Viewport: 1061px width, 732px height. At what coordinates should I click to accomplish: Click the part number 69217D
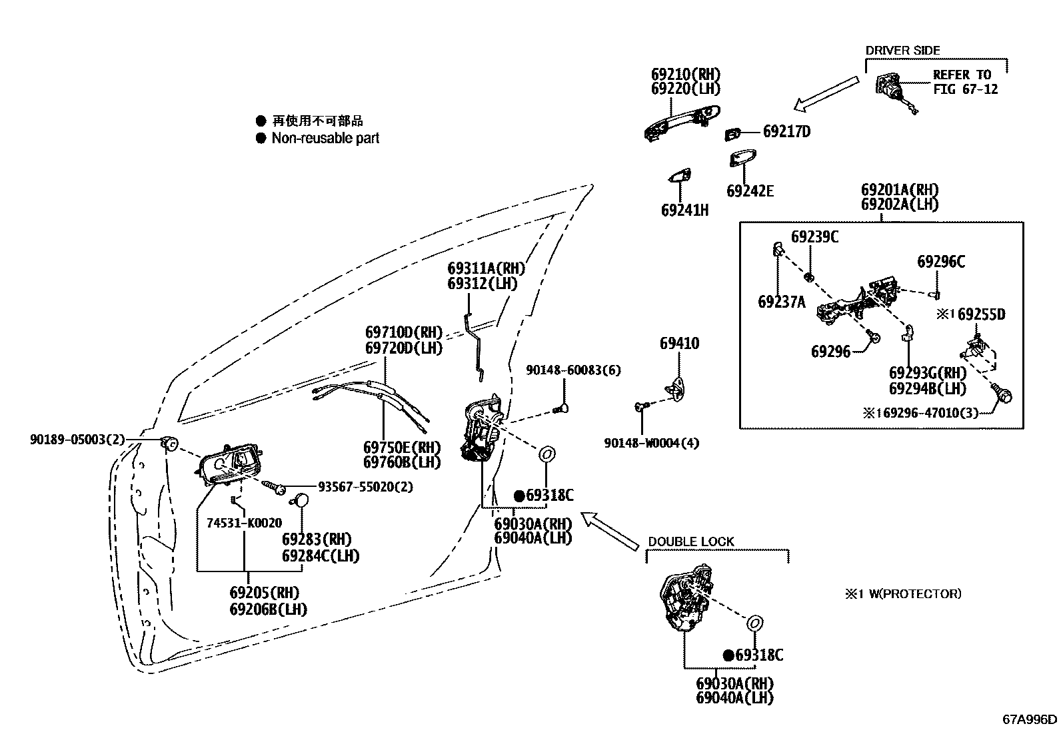pyautogui.click(x=786, y=131)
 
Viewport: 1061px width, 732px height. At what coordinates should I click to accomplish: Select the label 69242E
pyautogui.click(x=750, y=191)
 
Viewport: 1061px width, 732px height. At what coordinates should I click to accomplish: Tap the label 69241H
pyautogui.click(x=684, y=210)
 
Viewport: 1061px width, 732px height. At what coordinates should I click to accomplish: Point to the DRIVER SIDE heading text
pyautogui.click(x=902, y=51)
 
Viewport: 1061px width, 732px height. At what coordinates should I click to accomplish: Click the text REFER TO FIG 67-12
pyautogui.click(x=964, y=82)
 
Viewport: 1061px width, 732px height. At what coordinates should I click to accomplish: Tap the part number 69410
pyautogui.click(x=679, y=344)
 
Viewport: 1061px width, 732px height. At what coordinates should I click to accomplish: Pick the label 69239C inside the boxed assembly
pyautogui.click(x=814, y=236)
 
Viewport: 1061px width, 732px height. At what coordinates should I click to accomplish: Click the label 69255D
pyautogui.click(x=981, y=314)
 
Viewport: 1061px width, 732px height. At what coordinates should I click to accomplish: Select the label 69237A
pyautogui.click(x=781, y=302)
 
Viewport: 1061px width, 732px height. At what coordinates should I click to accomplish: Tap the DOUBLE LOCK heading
pyautogui.click(x=690, y=542)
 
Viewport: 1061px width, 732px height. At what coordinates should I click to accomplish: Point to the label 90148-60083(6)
pyautogui.click(x=572, y=370)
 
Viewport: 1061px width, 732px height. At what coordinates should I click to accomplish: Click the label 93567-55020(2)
pyautogui.click(x=365, y=487)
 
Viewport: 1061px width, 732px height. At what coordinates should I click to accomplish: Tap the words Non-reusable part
pyautogui.click(x=325, y=139)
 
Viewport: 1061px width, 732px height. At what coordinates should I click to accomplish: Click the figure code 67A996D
pyautogui.click(x=1030, y=719)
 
